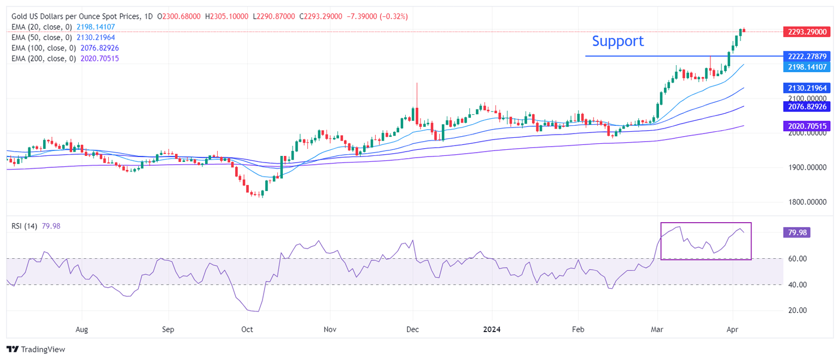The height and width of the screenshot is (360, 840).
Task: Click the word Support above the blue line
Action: (x=617, y=41)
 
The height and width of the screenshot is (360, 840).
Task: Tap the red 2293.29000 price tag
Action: (x=807, y=32)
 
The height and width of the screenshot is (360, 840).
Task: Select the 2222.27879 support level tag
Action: (x=807, y=56)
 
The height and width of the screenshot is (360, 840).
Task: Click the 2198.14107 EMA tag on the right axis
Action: (x=807, y=67)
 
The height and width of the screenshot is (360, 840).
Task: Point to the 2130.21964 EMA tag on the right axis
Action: (x=807, y=88)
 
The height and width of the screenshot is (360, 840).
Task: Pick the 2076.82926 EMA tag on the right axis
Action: (x=807, y=106)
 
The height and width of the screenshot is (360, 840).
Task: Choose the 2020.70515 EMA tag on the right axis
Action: (x=807, y=126)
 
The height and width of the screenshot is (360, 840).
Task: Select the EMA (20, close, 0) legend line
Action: (x=63, y=27)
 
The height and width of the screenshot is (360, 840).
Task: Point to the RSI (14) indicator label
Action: (x=24, y=226)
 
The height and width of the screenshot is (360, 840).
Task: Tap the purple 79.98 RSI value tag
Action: (x=796, y=233)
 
